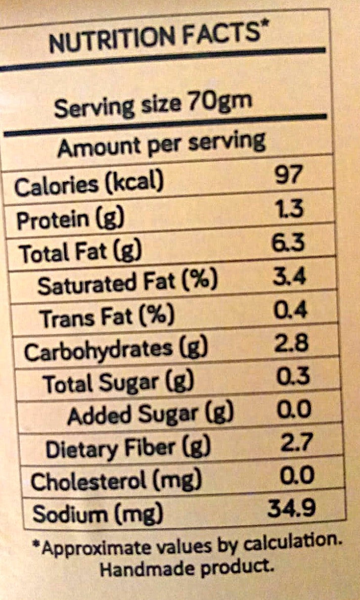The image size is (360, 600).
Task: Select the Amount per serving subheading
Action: click(161, 143)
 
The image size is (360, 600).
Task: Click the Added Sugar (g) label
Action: click(151, 414)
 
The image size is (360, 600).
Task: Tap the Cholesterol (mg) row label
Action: click(116, 480)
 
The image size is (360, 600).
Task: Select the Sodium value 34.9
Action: click(292, 508)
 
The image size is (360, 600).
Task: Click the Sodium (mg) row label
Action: click(97, 514)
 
